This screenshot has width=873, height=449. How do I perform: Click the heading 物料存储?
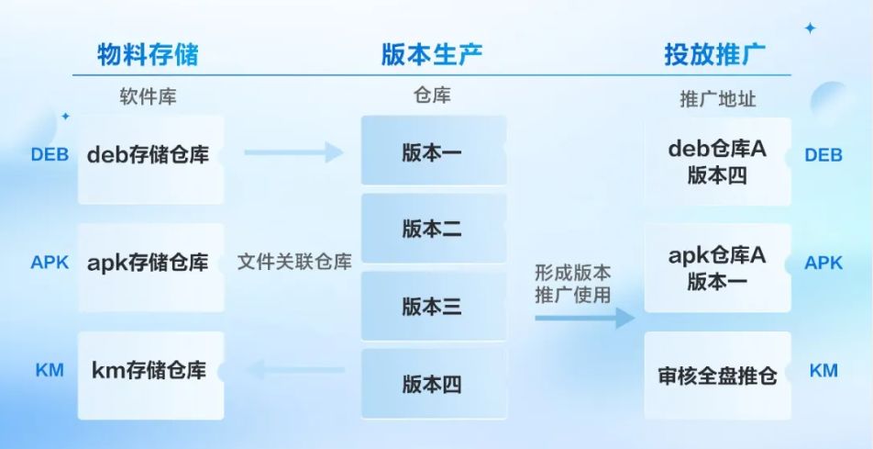tap(148, 55)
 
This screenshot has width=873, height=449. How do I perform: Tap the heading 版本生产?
tap(432, 55)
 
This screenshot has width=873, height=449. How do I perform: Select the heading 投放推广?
tap(714, 55)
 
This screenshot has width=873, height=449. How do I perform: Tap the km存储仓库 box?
tap(150, 373)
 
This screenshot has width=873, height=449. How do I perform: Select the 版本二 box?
tap(433, 230)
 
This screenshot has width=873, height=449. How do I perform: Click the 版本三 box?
tap(433, 307)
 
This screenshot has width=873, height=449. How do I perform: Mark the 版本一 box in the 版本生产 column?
tap(433, 152)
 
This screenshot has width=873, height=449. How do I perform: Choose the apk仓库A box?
tap(717, 268)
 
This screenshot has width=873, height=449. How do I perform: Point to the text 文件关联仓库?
tap(294, 263)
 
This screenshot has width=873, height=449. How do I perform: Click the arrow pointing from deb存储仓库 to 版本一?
tap(293, 152)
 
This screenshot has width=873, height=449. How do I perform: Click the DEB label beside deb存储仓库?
tap(50, 154)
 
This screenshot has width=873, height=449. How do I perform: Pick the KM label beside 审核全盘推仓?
tap(823, 371)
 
